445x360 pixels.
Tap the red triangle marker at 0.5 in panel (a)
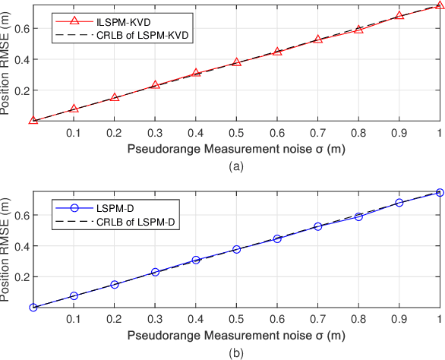(237, 62)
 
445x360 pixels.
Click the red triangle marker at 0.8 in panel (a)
(359, 29)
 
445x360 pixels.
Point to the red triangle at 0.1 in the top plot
(74, 109)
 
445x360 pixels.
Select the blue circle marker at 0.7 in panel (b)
(318, 226)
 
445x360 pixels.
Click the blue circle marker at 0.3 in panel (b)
(155, 272)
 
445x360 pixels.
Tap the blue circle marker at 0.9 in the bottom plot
(399, 203)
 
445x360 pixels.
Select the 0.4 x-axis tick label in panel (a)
(196, 132)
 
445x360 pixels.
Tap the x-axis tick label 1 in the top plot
(440, 132)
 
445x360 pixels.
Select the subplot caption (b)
(236, 352)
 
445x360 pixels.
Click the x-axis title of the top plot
(236, 149)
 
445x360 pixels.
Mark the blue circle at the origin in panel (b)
(33, 308)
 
